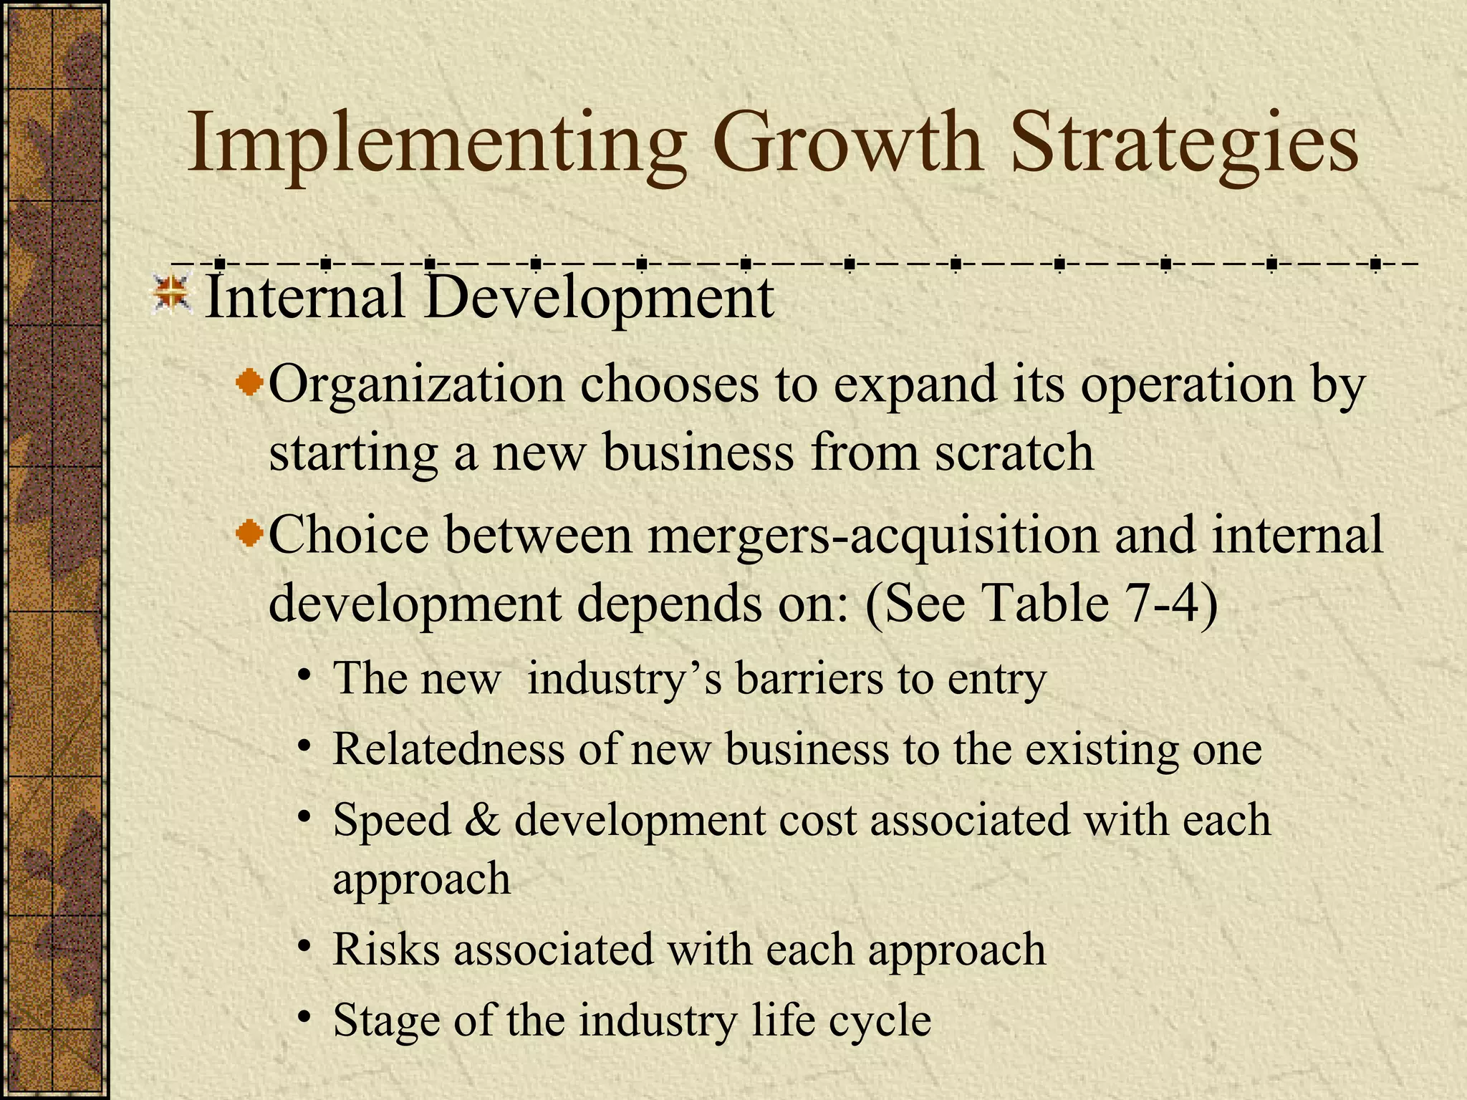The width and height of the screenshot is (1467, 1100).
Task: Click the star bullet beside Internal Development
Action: coord(172,296)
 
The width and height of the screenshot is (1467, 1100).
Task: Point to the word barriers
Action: coord(809,677)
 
